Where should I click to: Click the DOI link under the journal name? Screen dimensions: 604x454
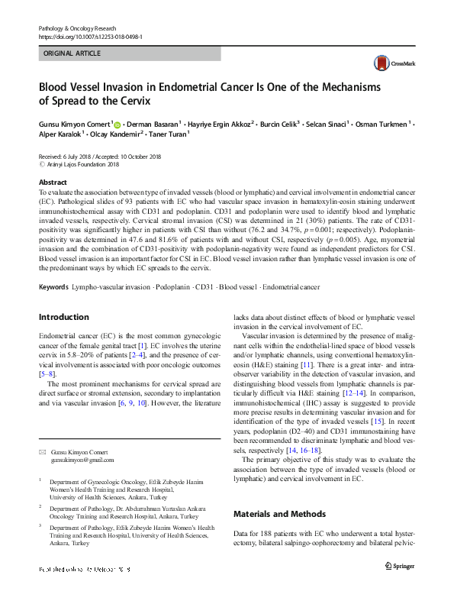point(89,37)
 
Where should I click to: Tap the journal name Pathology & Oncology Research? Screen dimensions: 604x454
point(82,28)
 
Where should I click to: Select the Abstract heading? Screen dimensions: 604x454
point(53,183)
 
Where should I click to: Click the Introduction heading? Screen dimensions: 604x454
point(63,317)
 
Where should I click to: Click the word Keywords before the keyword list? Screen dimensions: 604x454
point(53,287)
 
